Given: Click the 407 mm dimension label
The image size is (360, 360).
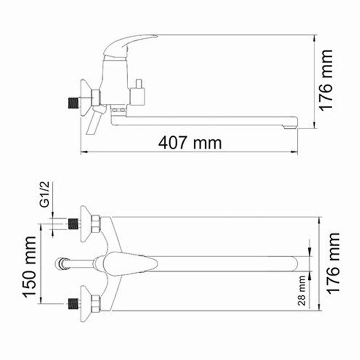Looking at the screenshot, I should pyautogui.click(x=190, y=143).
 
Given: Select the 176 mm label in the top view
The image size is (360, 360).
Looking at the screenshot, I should pyautogui.click(x=333, y=263).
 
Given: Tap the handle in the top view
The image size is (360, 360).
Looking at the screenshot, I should pyautogui.click(x=130, y=263).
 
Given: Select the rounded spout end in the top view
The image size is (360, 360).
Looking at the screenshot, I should pyautogui.click(x=295, y=263).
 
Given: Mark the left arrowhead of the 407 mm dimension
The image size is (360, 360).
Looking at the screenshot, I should pyautogui.click(x=83, y=152).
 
